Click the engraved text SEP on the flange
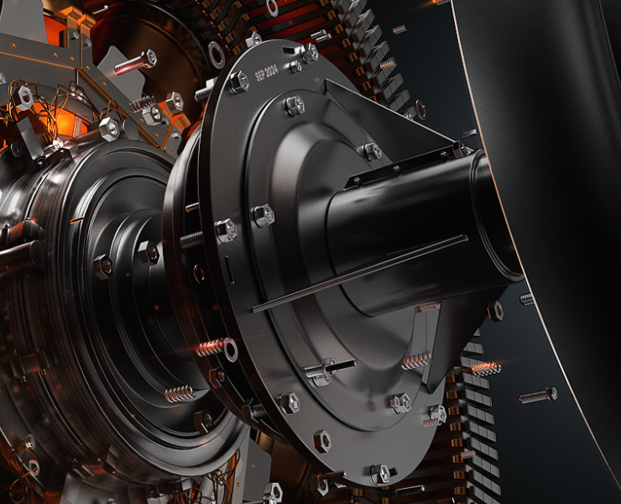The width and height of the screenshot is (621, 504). tap(259, 75)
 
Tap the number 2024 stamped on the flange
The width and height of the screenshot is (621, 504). tap(271, 71)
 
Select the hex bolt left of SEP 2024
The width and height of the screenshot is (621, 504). tap(239, 81)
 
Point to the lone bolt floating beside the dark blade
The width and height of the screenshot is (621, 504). tap(538, 396)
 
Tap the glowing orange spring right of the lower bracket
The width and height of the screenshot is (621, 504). tap(487, 369)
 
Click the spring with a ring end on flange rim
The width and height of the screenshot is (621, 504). tap(217, 348)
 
